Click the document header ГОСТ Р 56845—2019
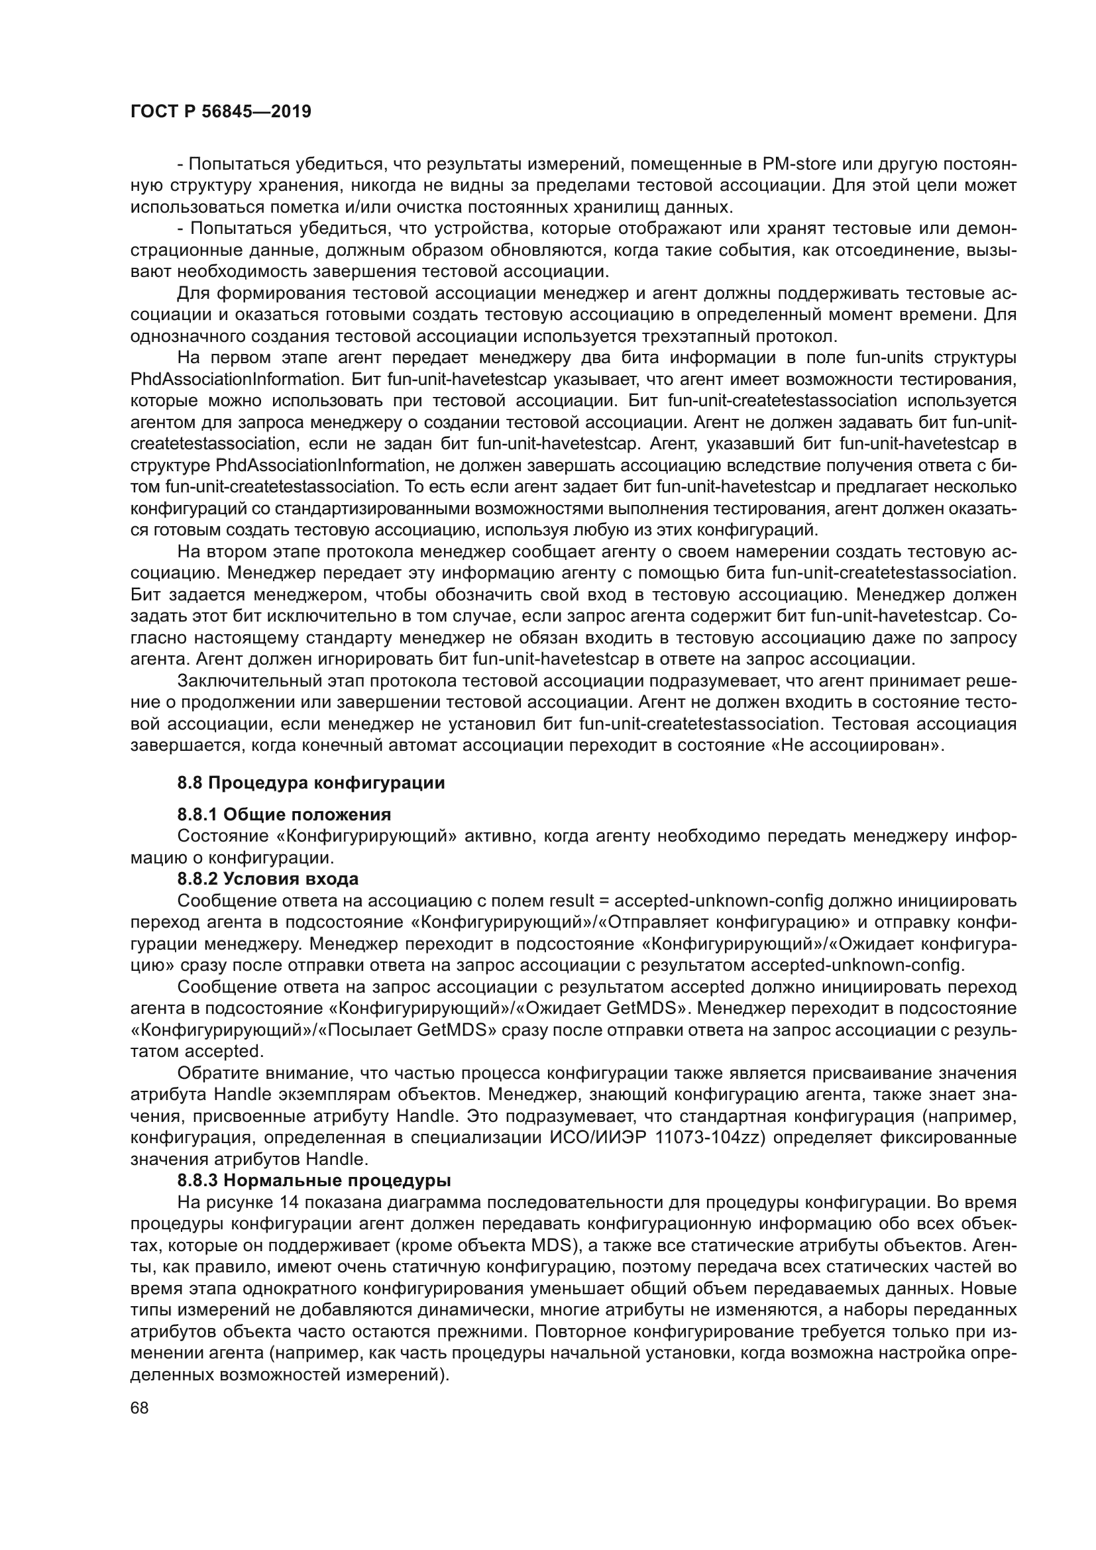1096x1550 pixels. [x=221, y=112]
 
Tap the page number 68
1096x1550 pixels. [x=140, y=1408]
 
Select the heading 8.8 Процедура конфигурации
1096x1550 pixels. [x=311, y=783]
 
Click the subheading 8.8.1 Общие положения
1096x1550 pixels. [x=284, y=814]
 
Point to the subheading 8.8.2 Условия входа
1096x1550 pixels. [x=268, y=879]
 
